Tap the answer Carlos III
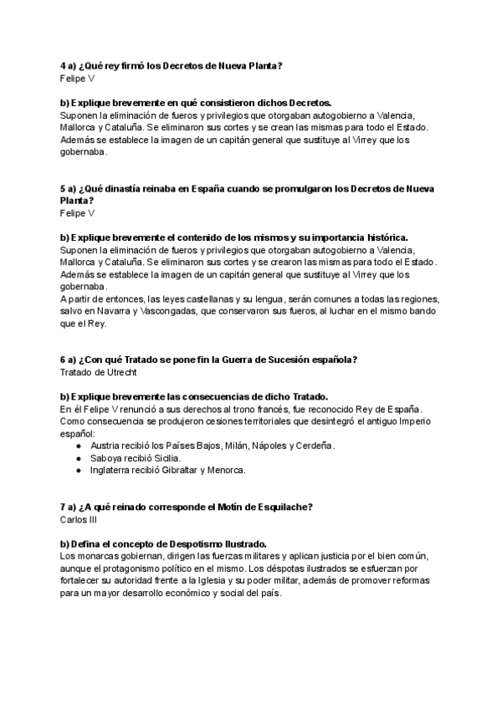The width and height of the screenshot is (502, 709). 79,519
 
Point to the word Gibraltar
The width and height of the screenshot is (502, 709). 186,470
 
